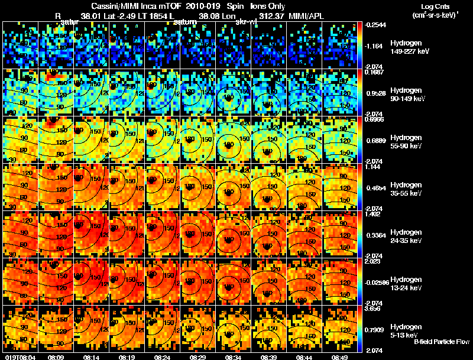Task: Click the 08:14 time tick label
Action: click(92, 357)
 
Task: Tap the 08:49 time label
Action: click(339, 357)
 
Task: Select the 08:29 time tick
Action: click(198, 357)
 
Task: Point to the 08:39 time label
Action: click(268, 357)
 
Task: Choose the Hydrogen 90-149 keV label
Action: click(409, 95)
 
